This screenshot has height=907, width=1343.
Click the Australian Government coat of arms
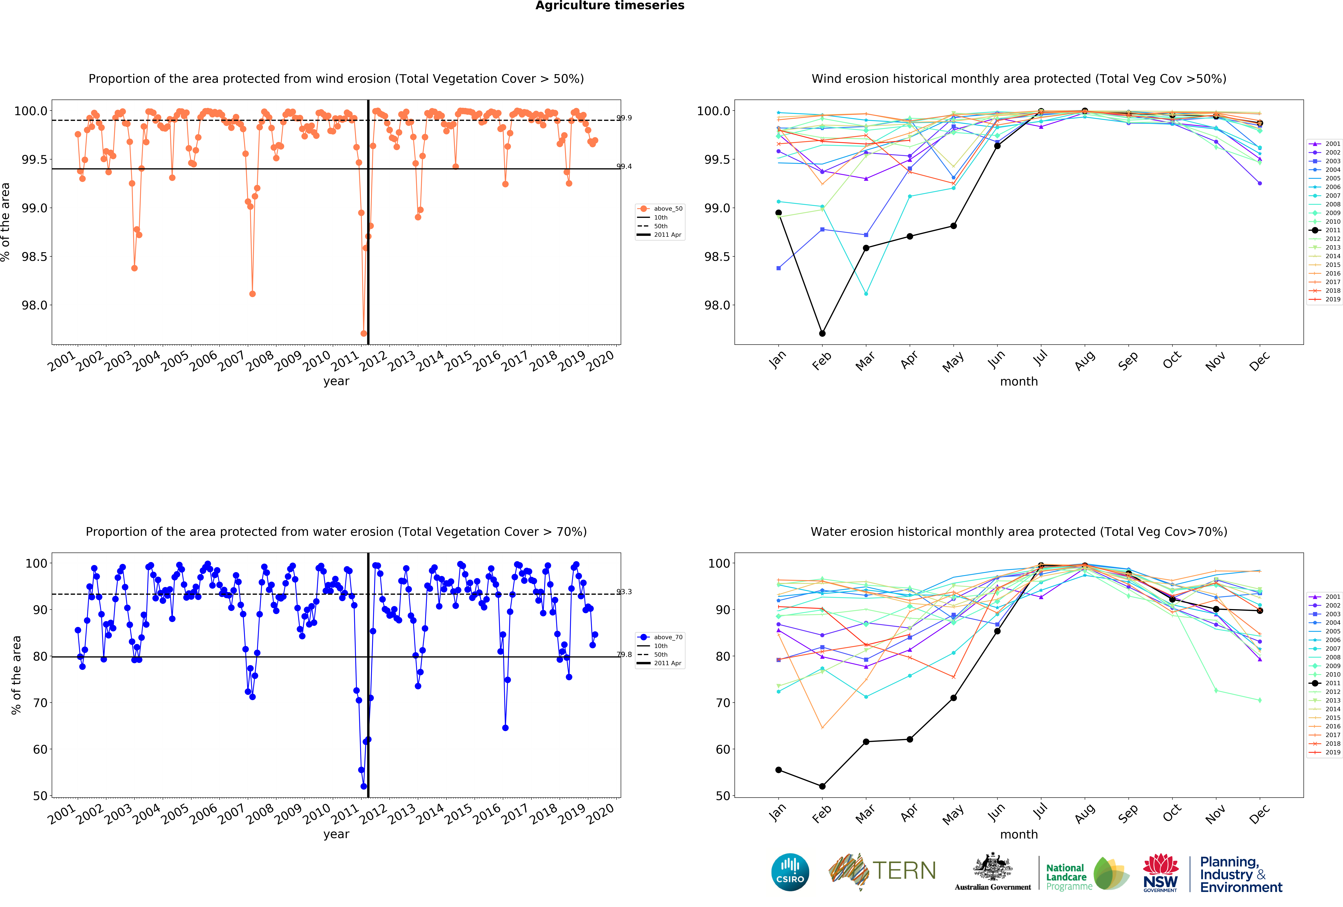click(992, 867)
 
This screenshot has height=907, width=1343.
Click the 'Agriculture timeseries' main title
click(610, 6)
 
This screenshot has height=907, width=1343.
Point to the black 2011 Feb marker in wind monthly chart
click(822, 333)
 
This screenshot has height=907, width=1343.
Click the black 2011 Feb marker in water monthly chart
click(822, 786)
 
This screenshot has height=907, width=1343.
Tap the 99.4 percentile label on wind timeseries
click(624, 166)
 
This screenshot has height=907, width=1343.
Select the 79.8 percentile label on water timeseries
click(624, 655)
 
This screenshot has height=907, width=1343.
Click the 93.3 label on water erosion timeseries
click(624, 592)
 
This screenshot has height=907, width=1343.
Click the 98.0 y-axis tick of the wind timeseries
click(35, 305)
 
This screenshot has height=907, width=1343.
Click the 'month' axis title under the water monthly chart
click(1019, 834)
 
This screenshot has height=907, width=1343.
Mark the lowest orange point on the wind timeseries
click(363, 333)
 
